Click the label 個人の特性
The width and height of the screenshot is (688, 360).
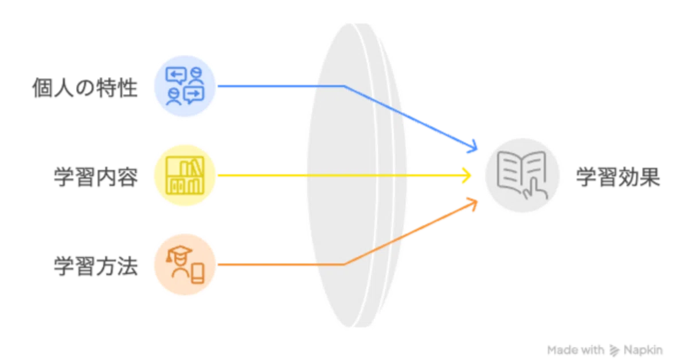coord(85,88)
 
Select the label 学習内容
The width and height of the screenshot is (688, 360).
coord(96,177)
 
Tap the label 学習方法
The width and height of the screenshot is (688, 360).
coord(96,266)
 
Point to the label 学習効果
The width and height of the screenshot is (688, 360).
coord(618,177)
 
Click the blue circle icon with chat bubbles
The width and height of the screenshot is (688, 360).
coord(185,86)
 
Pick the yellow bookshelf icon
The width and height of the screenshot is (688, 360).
coord(185,175)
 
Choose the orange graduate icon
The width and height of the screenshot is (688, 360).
coord(185,264)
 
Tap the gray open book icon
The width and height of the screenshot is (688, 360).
coord(522,175)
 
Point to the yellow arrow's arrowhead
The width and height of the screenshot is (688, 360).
coord(467,175)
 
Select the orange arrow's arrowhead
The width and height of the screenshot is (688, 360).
coord(473,203)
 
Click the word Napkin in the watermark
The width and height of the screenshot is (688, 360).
coord(643,350)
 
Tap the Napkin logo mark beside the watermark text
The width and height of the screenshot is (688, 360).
coord(614,350)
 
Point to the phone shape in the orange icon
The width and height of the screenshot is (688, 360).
coord(197,273)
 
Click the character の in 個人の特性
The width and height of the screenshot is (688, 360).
coord(85,88)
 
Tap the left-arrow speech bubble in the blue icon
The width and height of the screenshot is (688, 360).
coord(175,75)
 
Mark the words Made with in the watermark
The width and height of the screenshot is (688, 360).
coord(576,350)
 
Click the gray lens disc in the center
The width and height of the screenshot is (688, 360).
coord(356,175)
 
